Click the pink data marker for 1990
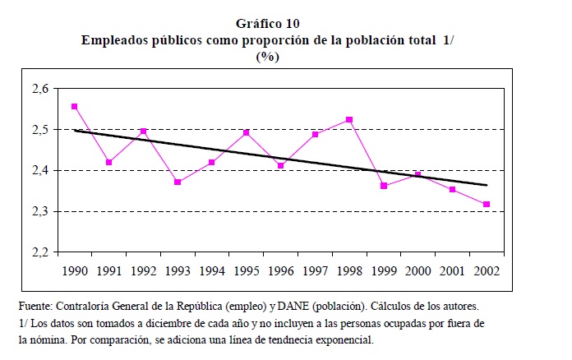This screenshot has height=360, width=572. (x=74, y=106)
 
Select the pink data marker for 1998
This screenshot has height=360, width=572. (x=349, y=120)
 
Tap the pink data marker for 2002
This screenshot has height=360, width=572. (x=487, y=204)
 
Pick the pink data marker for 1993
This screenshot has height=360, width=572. (x=178, y=182)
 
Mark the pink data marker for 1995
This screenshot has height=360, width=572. (x=246, y=132)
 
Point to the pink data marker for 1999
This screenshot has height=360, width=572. (x=384, y=186)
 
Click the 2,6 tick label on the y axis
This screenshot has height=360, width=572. (x=39, y=88)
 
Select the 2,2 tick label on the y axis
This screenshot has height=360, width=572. (x=39, y=252)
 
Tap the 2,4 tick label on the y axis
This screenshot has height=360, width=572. (x=39, y=170)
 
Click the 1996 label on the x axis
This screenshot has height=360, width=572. (x=280, y=269)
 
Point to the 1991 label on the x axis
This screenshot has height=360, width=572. (x=108, y=269)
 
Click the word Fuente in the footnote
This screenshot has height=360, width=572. (x=37, y=307)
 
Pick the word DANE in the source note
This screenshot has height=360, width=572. (x=302, y=307)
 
